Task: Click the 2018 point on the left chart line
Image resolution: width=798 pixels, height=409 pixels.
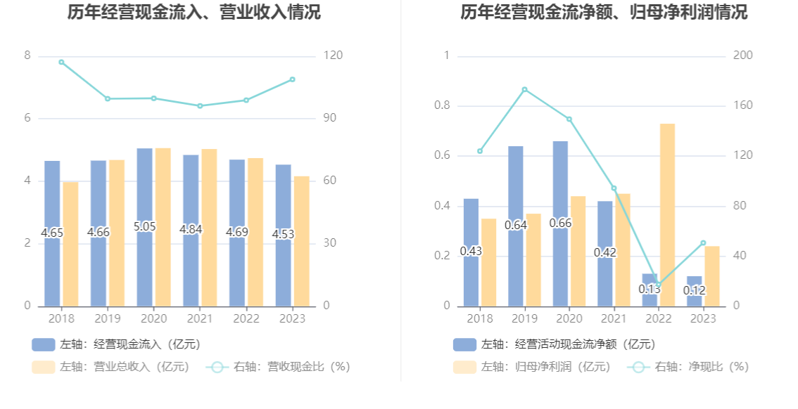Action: point(61,62)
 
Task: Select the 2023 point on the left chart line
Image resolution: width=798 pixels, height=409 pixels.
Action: point(292,79)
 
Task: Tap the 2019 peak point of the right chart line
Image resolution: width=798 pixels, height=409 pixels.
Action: point(524,89)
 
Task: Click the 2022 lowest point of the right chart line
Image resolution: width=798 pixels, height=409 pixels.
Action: point(658,285)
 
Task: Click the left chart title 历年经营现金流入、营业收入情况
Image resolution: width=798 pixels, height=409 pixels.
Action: point(194,12)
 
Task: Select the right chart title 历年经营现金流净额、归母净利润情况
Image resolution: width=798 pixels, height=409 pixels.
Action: point(604,12)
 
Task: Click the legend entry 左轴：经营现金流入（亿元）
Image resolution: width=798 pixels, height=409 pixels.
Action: point(116,344)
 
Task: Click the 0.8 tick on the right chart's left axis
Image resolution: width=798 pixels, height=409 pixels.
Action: point(443,105)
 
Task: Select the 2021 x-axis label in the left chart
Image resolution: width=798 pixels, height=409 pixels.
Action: point(200,318)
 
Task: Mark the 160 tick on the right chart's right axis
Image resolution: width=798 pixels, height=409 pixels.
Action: point(742,105)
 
